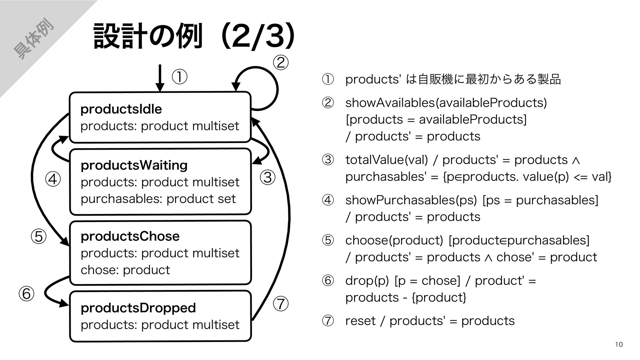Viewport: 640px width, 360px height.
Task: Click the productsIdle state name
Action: pyautogui.click(x=121, y=109)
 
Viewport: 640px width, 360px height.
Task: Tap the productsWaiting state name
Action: pyautogui.click(x=134, y=165)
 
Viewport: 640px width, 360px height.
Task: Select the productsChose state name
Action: pyautogui.click(x=130, y=236)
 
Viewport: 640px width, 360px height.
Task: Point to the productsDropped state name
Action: pyautogui.click(x=138, y=308)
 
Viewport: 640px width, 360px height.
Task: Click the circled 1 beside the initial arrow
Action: pyautogui.click(x=179, y=77)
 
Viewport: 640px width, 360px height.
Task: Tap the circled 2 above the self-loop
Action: pyautogui.click(x=280, y=63)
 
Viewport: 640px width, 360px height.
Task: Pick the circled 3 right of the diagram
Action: pyautogui.click(x=268, y=178)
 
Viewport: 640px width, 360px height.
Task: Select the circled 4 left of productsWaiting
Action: pyautogui.click(x=53, y=180)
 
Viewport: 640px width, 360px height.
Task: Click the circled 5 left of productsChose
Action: pyautogui.click(x=38, y=237)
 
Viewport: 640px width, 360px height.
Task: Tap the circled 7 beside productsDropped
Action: pyautogui.click(x=281, y=304)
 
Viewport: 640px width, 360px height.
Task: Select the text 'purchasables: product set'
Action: pyautogui.click(x=158, y=199)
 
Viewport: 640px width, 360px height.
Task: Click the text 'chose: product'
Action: pyautogui.click(x=125, y=270)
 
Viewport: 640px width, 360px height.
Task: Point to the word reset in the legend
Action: pyautogui.click(x=360, y=321)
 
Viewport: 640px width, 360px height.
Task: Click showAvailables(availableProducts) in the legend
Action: pyautogui.click(x=446, y=103)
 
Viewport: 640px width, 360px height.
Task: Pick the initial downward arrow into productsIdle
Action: pyautogui.click(x=160, y=78)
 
